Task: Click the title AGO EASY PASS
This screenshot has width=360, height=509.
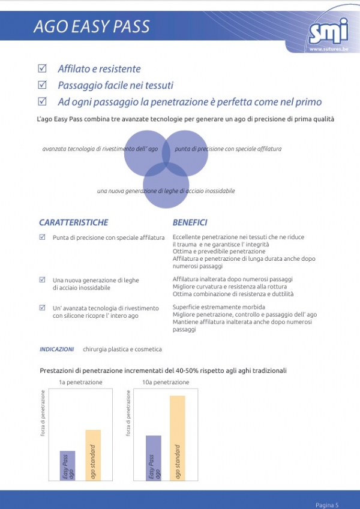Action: point(91,27)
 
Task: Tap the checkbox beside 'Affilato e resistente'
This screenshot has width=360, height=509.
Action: point(42,68)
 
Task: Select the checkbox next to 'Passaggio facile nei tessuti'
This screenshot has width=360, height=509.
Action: point(42,85)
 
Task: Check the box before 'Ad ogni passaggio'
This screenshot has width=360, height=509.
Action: point(42,101)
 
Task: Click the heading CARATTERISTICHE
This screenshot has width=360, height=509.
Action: point(73,222)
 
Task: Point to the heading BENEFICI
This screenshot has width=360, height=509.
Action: point(190,222)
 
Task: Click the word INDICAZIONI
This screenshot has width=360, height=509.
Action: point(57,349)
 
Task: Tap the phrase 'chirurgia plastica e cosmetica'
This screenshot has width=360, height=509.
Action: point(122,349)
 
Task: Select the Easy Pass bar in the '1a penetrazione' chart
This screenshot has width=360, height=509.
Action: point(67,465)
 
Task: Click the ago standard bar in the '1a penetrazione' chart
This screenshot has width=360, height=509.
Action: point(92,454)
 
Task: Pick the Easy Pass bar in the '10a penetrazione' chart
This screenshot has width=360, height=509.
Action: point(154,457)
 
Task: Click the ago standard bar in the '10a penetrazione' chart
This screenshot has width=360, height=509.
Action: point(177,437)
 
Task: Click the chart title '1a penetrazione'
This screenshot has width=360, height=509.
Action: point(80,382)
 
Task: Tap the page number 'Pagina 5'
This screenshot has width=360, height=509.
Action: point(327,504)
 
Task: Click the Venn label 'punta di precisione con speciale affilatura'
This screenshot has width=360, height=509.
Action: point(229,149)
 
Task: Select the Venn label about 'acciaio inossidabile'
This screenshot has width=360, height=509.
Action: point(166,191)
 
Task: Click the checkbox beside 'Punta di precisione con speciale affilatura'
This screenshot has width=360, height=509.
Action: point(42,237)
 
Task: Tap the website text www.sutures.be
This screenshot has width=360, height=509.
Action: point(328,49)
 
